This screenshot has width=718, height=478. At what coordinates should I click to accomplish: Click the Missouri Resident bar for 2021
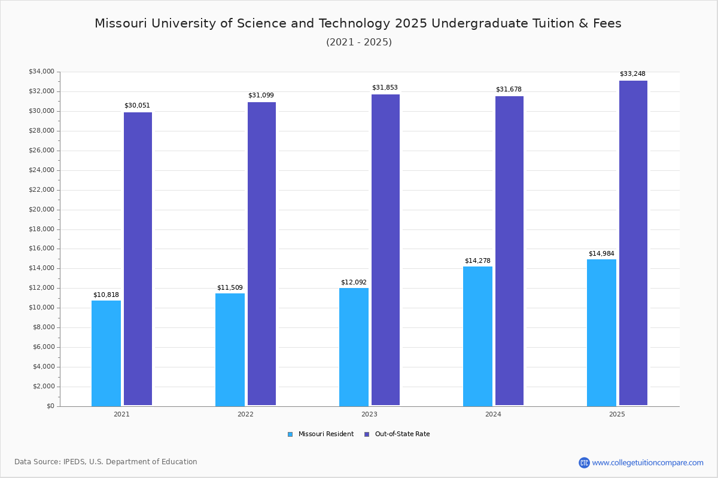[106, 353]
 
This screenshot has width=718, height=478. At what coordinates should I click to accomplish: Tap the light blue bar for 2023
[354, 347]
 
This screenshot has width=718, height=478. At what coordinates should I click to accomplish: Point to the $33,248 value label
[632, 74]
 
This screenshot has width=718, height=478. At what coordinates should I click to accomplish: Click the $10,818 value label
[106, 295]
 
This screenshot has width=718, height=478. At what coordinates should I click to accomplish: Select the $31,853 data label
[385, 88]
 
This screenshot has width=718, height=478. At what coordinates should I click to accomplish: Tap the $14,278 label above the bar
[477, 261]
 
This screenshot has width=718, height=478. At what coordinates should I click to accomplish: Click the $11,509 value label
[230, 288]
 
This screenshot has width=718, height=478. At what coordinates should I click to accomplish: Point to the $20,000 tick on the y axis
[41, 210]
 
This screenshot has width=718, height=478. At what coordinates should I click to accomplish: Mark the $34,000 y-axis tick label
[41, 72]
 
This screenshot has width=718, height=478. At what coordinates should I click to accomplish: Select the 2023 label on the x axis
[369, 414]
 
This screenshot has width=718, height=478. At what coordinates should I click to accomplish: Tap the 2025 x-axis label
[617, 414]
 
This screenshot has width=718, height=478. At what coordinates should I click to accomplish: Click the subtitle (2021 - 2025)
[358, 42]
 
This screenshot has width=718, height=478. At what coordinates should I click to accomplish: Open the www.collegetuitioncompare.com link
[647, 462]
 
